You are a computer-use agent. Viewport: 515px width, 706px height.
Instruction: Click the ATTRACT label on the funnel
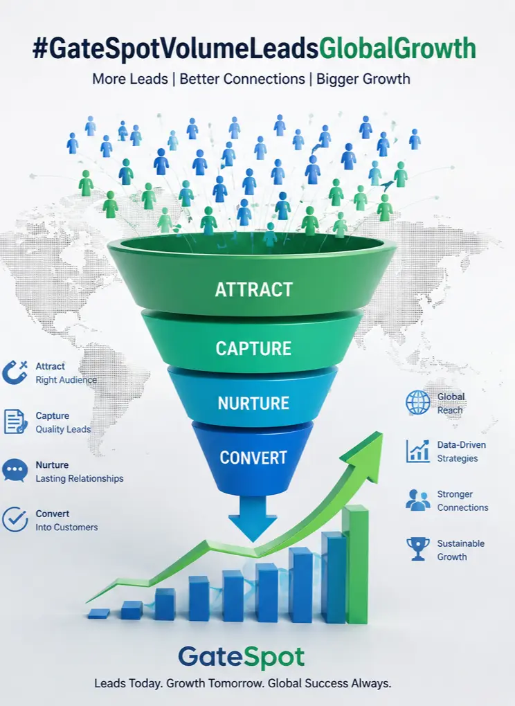pyautogui.click(x=254, y=289)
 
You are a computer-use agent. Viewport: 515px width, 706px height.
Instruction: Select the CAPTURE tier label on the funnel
pyautogui.click(x=253, y=348)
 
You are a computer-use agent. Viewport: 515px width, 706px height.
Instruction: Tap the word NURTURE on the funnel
pyautogui.click(x=253, y=403)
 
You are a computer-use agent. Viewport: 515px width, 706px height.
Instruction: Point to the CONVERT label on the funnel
pyautogui.click(x=253, y=458)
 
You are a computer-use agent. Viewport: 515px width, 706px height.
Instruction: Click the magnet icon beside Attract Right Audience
pyautogui.click(x=15, y=373)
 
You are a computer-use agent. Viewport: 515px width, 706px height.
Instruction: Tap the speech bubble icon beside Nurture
pyautogui.click(x=15, y=471)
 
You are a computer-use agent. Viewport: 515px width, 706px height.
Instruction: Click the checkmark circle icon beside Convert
pyautogui.click(x=15, y=520)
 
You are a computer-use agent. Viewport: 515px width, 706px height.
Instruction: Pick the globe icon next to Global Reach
pyautogui.click(x=418, y=403)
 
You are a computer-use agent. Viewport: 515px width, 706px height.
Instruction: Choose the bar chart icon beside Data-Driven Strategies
pyautogui.click(x=418, y=451)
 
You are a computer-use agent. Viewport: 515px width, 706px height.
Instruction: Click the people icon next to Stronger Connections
pyautogui.click(x=418, y=500)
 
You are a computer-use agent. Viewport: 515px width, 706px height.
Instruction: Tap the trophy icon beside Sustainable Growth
pyautogui.click(x=418, y=549)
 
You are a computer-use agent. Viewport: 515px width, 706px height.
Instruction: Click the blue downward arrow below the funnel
pyautogui.click(x=253, y=518)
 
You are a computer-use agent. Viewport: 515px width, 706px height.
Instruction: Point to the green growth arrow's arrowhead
pyautogui.click(x=366, y=454)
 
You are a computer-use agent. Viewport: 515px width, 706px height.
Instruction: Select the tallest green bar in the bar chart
pyautogui.click(x=356, y=564)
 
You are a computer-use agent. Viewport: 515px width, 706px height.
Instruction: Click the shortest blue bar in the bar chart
pyautogui.click(x=98, y=613)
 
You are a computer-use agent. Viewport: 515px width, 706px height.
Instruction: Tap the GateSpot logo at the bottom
pyautogui.click(x=242, y=658)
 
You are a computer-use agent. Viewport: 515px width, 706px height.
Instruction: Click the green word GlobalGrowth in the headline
pyautogui.click(x=397, y=48)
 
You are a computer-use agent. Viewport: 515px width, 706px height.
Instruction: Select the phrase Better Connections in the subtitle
pyautogui.click(x=242, y=79)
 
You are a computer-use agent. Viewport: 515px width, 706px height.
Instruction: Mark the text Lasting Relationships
pyautogui.click(x=79, y=478)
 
